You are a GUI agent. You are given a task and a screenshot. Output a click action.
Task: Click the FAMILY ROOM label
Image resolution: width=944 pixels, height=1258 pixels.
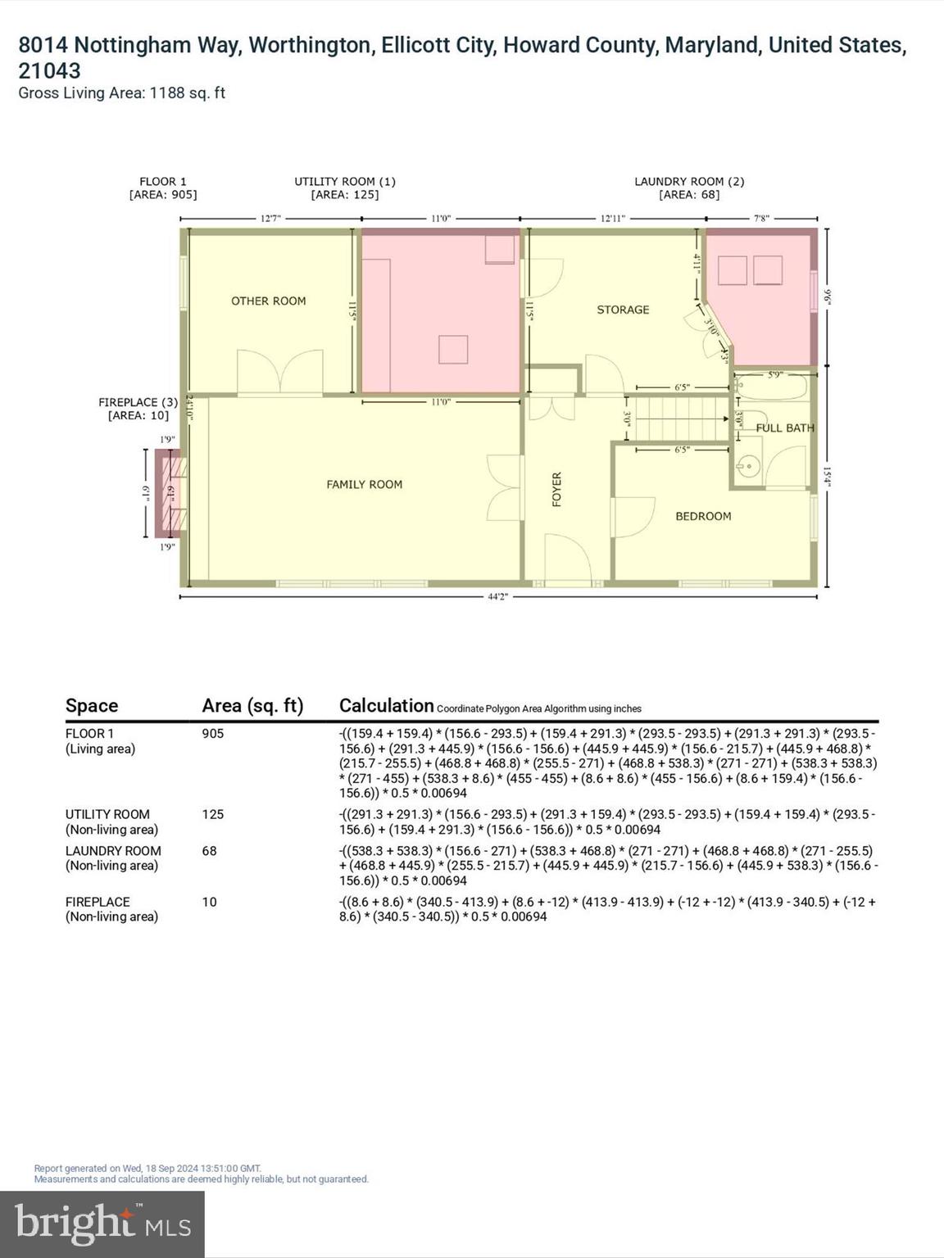pos(364,485)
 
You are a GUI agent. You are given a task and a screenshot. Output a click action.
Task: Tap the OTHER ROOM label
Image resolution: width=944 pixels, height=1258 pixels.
pos(268,301)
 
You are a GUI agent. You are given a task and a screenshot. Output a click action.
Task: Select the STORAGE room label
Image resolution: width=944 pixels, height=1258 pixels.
pos(623,310)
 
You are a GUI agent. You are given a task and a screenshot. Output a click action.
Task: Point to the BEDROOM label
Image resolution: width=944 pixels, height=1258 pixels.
pos(703,516)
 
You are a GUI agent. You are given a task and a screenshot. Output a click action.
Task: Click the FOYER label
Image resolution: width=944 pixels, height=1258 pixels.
pos(557,489)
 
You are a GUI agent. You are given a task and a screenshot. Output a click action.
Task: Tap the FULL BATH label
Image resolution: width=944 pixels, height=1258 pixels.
pos(784,428)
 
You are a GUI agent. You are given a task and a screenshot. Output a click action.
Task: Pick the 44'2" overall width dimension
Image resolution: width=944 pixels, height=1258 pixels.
pos(498,597)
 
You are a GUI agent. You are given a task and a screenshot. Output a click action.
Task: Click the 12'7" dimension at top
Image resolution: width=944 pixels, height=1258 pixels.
pos(270,219)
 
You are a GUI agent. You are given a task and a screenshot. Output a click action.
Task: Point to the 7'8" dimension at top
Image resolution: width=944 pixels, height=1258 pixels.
pos(762,219)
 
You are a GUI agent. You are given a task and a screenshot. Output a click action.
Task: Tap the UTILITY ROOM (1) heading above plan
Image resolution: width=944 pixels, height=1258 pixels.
pos(345,182)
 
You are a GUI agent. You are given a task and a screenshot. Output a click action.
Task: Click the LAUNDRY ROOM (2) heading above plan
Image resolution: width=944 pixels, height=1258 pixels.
pos(689,182)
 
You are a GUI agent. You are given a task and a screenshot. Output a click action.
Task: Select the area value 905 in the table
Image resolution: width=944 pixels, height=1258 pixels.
pos(213,734)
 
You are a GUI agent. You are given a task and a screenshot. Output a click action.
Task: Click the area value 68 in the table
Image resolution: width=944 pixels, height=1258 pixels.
pos(210,851)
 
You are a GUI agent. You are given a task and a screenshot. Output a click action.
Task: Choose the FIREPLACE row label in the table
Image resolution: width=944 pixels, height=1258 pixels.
pos(98,902)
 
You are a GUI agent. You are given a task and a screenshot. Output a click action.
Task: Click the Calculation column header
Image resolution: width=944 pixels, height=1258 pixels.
pos(386,705)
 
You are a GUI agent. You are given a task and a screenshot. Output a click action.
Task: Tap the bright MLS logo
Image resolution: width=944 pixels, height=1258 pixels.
pos(102,1224)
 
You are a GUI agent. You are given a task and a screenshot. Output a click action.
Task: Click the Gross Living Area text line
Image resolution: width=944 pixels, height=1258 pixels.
pos(121,93)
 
